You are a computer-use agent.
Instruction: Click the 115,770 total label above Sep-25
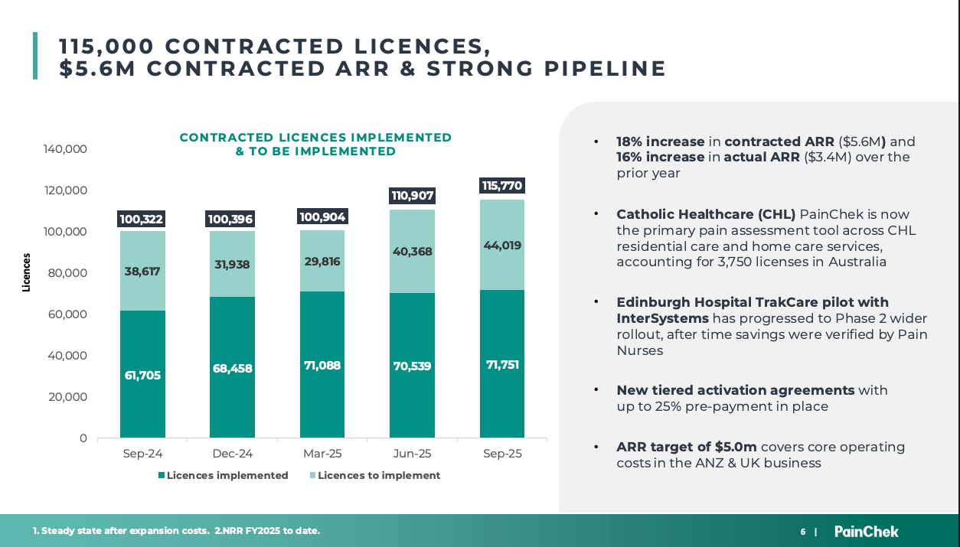click(502, 185)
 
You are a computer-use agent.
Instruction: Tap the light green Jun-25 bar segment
click(412, 251)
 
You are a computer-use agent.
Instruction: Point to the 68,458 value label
click(232, 368)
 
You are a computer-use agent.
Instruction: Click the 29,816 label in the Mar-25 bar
click(322, 261)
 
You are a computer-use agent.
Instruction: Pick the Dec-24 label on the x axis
click(232, 454)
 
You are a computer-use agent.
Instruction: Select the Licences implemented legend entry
click(223, 475)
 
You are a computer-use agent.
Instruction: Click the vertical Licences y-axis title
click(26, 272)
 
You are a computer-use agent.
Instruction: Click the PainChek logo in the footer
click(866, 531)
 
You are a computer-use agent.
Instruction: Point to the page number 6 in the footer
click(803, 532)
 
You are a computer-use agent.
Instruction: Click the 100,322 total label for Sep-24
click(142, 220)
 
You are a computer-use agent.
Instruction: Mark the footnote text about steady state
click(176, 531)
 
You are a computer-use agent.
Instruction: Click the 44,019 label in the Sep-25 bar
click(502, 246)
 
